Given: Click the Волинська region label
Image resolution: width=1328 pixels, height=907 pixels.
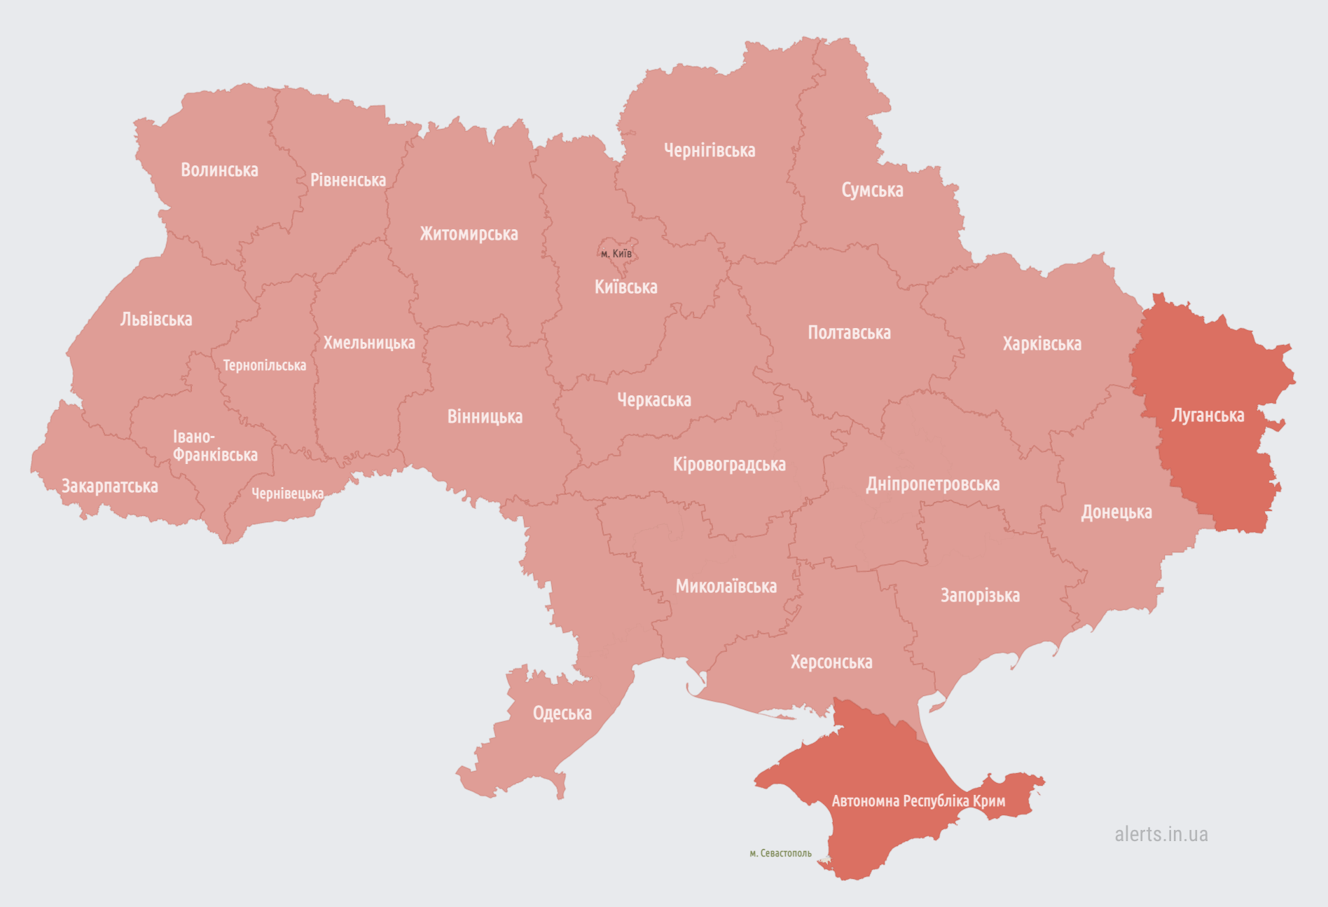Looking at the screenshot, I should pos(219,170).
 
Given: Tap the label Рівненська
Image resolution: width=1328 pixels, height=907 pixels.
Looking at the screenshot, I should pos(348,180).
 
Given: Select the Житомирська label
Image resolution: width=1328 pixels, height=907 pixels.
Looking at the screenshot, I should pos(469,234).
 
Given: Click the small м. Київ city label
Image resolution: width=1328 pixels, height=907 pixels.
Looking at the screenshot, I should pos(616,254).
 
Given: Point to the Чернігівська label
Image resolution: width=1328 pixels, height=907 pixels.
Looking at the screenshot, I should pos(710,151).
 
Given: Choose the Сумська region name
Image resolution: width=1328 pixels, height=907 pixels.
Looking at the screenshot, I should pos(872,190).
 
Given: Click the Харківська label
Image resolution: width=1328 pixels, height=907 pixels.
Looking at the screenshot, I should pos(1042,344).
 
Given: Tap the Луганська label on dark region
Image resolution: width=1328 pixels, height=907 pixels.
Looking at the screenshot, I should pos(1208,416).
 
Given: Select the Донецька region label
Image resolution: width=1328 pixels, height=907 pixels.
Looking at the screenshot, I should pos(1116,512).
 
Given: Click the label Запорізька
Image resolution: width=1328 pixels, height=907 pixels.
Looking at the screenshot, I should pos(980,596).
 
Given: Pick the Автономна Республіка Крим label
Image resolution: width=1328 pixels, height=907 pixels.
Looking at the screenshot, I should pos(918,801).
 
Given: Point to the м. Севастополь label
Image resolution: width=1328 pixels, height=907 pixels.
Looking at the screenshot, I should pos(780,854).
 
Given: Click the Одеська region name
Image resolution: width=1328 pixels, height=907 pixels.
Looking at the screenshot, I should pos(562,714).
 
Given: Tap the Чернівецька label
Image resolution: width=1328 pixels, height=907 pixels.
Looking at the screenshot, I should pos(287,494).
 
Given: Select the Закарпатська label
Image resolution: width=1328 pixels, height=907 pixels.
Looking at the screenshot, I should pos(110,486).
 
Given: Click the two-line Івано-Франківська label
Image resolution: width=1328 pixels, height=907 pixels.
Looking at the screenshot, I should pos(214,446).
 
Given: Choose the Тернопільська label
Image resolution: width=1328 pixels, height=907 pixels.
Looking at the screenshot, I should pos(264,366).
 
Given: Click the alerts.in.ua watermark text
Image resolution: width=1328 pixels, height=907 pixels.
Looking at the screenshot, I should pos(1161,834).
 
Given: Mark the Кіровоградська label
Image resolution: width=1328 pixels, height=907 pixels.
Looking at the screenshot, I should pos(729,465).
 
